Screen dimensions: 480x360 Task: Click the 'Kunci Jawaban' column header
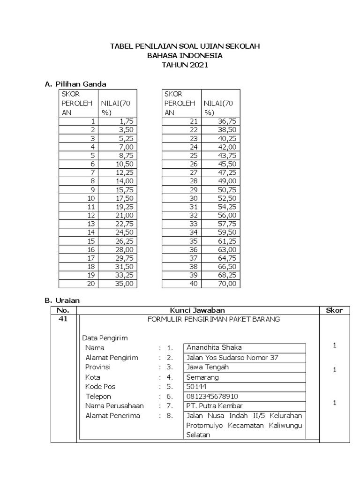click(x=197, y=310)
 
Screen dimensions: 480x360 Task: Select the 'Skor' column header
click(x=334, y=310)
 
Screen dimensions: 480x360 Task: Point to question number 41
click(x=62, y=319)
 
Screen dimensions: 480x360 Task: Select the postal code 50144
click(x=195, y=387)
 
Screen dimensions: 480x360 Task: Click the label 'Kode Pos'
click(x=100, y=387)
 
